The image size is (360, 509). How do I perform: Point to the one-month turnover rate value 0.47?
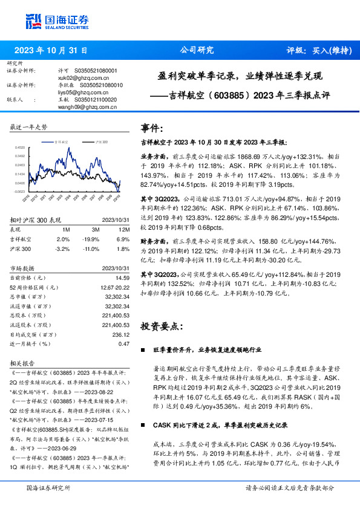point(124,343)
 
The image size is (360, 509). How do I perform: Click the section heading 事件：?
point(152,128)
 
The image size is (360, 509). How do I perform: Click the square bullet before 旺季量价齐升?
point(142,350)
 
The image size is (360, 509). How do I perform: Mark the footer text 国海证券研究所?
point(48,487)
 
